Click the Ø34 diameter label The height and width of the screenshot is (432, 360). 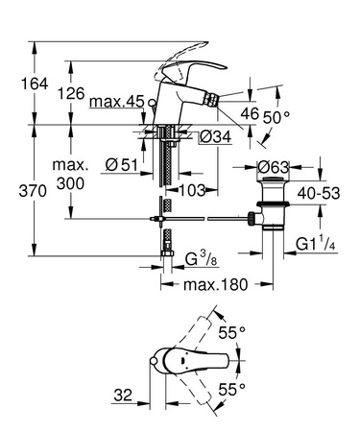[x=213, y=136]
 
